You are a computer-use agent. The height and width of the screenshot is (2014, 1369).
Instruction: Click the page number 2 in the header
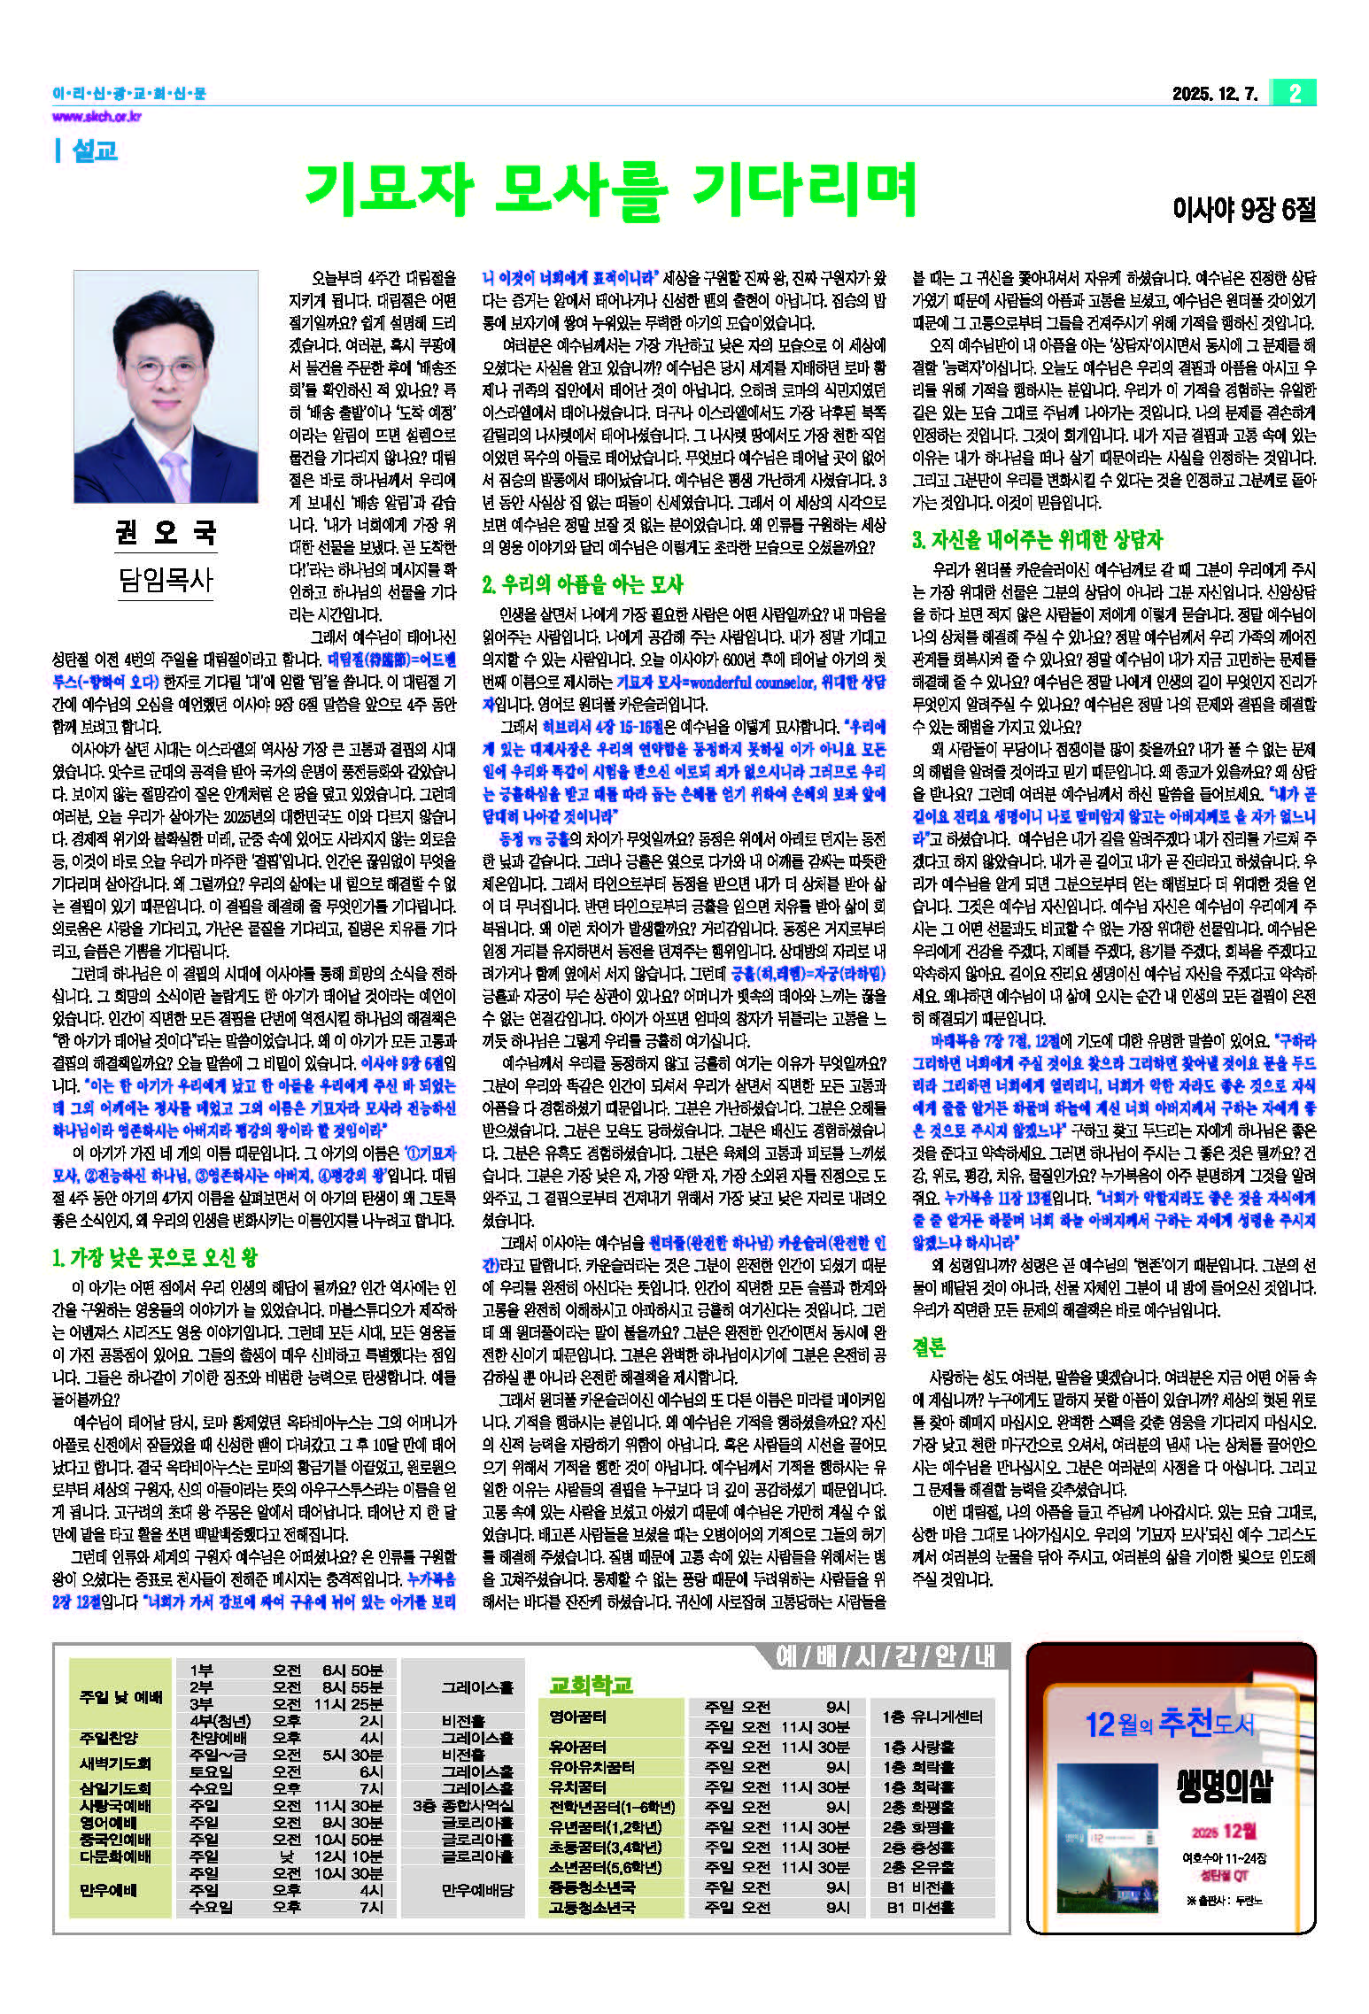pos(1295,93)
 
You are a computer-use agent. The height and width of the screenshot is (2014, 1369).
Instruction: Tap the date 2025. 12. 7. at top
pos(1214,94)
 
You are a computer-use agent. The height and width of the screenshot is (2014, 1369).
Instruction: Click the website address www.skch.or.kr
pos(97,117)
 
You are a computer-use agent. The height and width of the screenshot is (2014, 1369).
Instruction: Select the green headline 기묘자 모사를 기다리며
pos(610,190)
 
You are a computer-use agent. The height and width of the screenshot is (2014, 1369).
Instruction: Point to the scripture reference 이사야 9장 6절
pos(1243,210)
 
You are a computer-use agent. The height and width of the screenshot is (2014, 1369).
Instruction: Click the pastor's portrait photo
pos(166,387)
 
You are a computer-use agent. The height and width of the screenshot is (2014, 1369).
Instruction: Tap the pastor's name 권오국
pos(166,532)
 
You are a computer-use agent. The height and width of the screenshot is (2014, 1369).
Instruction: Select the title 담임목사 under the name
pos(166,580)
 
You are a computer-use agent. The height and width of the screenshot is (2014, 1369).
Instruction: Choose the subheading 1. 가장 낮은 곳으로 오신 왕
pos(155,1258)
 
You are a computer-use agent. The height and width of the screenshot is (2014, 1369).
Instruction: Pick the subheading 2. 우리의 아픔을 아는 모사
pos(582,584)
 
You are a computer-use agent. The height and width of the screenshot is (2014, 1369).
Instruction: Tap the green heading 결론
pos(929,1347)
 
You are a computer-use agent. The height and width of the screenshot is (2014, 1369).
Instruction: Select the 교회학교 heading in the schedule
pos(591,1685)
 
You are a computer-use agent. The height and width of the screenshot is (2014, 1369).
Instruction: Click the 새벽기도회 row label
pos(115,1763)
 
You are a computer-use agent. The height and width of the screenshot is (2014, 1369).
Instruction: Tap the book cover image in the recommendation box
pos(1108,1837)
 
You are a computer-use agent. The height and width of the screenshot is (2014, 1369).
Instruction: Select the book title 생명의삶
pos(1224,1787)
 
